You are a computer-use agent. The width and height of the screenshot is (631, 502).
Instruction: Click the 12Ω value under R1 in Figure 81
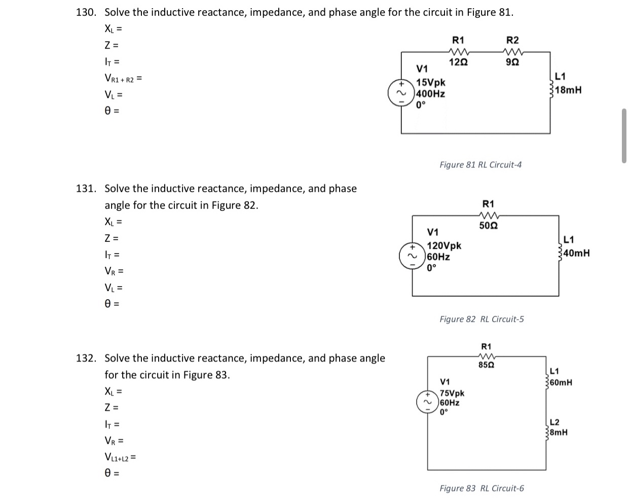[458, 62]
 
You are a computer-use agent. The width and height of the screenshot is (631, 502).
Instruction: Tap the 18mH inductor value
[568, 90]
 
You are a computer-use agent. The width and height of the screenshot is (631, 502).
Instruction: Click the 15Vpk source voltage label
[430, 82]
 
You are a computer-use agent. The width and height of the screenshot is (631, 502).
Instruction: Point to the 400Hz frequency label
[430, 94]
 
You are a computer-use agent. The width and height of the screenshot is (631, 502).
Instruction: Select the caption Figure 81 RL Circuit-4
[480, 165]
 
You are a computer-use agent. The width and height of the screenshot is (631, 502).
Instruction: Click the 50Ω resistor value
[488, 225]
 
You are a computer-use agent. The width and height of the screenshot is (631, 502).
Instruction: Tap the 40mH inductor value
[576, 253]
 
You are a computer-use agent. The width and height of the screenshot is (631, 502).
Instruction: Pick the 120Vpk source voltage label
[444, 245]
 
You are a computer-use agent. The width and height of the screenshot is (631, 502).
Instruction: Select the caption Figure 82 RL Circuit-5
[481, 319]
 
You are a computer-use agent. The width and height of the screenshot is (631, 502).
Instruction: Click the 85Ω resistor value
[487, 365]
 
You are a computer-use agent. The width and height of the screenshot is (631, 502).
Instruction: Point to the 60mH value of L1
[561, 382]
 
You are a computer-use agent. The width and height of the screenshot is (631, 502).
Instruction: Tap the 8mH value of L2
[559, 433]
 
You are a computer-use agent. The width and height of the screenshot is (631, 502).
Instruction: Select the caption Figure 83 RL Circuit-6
[481, 488]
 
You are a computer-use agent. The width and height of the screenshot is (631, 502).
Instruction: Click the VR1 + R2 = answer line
[123, 79]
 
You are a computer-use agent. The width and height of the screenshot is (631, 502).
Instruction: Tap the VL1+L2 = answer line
[120, 457]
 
